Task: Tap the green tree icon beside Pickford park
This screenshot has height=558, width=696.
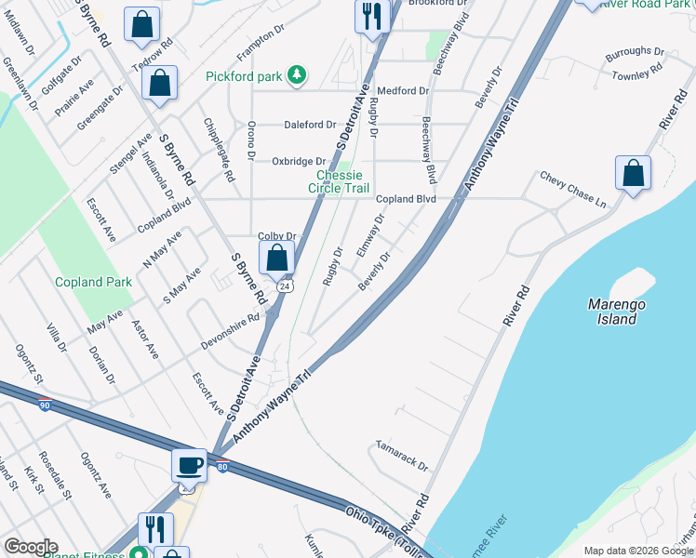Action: [297, 74]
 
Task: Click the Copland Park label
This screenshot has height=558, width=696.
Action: [93, 282]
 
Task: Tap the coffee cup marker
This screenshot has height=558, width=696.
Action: [189, 465]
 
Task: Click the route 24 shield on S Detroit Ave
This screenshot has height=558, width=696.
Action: [286, 286]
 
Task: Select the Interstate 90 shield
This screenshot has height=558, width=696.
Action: [45, 404]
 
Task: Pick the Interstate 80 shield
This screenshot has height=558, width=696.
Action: [221, 468]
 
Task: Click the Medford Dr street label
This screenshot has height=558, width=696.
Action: [403, 91]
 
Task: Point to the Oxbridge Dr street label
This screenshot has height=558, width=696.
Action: [299, 162]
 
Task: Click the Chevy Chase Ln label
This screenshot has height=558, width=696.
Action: [572, 189]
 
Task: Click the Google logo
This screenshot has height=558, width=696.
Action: [31, 547]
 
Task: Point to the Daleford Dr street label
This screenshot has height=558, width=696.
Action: [311, 125]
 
